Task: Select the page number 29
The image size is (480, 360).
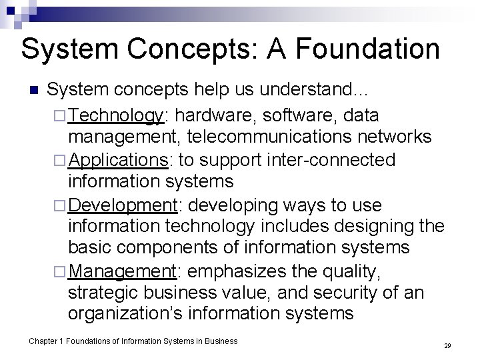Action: click(x=447, y=346)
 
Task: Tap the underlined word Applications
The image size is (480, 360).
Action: click(x=119, y=161)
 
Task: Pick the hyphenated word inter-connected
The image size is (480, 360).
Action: click(x=338, y=161)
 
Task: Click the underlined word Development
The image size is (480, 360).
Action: click(x=123, y=205)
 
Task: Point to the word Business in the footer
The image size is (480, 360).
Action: click(x=221, y=341)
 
